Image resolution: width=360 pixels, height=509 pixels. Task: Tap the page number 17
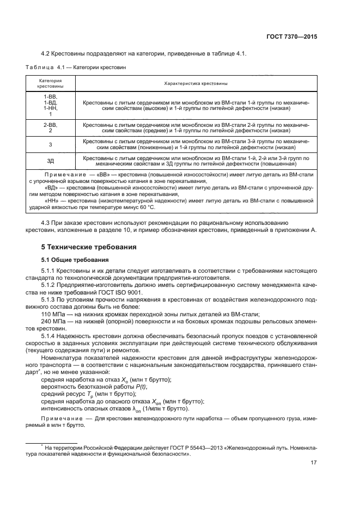[x=313, y=463]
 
